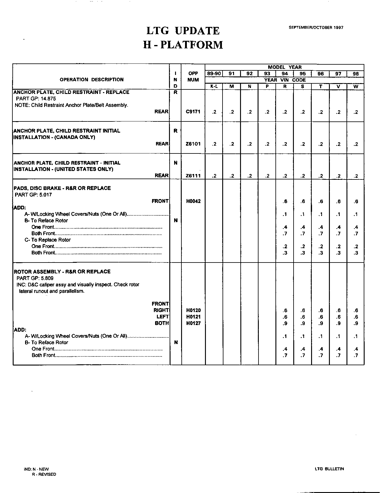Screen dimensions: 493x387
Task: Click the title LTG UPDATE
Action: click(x=183, y=31)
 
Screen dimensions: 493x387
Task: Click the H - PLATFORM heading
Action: click(x=183, y=45)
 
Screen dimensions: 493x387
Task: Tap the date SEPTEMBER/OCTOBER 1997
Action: click(x=316, y=27)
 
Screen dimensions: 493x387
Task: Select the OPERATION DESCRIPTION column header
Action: click(x=92, y=80)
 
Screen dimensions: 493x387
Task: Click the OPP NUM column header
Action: click(x=193, y=77)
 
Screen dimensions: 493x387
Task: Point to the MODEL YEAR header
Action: click(x=285, y=67)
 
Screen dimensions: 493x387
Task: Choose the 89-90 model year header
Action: click(x=214, y=74)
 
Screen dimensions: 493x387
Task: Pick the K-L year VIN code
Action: click(x=214, y=86)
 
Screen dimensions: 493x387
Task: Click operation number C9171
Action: click(x=193, y=112)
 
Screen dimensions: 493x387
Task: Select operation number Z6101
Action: click(x=193, y=144)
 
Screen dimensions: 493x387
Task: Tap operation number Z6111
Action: click(x=193, y=176)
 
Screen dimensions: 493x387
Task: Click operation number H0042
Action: click(x=193, y=201)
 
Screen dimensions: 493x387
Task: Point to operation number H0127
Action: click(x=193, y=323)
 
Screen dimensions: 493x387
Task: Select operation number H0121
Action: click(x=193, y=317)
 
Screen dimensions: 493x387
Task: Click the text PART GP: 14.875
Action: click(x=36, y=99)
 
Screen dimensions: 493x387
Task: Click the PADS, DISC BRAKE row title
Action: click(x=62, y=188)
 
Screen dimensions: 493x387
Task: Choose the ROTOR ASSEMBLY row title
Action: click(x=62, y=272)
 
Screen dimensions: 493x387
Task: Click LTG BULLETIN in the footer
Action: click(x=329, y=469)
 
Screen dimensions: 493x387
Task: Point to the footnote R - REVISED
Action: click(x=44, y=474)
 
